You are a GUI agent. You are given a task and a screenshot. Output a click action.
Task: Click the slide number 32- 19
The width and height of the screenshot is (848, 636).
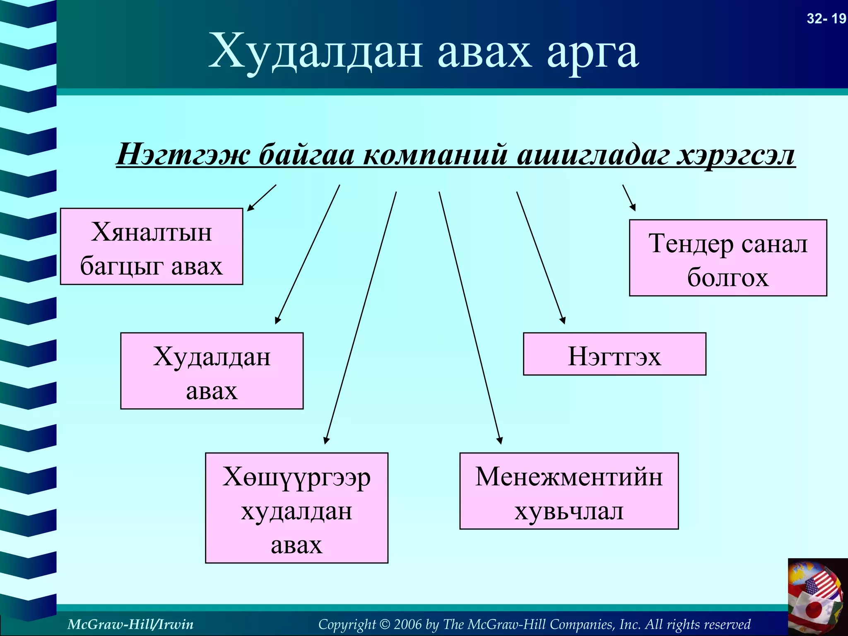pos(826,19)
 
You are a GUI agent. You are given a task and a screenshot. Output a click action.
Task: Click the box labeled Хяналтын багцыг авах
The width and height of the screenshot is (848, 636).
pos(152,247)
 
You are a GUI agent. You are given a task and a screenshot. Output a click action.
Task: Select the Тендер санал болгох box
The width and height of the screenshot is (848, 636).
pos(728,258)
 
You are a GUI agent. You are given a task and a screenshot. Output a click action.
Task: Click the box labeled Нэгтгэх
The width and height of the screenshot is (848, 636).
pos(614,354)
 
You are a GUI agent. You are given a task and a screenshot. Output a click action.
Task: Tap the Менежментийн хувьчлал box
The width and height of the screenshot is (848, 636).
pos(569,491)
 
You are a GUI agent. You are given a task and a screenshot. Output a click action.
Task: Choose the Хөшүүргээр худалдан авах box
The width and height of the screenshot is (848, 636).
pos(296,508)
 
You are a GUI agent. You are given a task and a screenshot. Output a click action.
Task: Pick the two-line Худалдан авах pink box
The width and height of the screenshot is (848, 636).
pos(212,371)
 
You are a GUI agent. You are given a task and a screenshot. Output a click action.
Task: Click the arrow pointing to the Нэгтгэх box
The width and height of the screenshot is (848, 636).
pos(540,257)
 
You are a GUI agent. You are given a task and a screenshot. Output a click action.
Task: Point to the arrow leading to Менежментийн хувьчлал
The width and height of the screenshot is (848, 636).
pos(470,317)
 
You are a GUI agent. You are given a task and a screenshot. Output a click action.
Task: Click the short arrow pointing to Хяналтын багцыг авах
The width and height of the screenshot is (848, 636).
pos(262,198)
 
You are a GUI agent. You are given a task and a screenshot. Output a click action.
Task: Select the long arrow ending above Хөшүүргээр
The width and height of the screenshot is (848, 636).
pos(361,317)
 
